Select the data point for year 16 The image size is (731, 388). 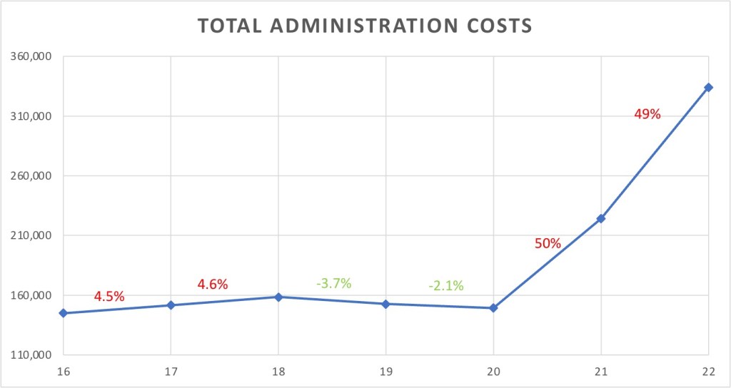coord(64,313)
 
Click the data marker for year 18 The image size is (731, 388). coord(278,297)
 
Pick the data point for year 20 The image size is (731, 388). coord(493,308)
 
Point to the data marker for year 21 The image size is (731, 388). coord(601,218)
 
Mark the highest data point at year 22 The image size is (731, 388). coord(708,87)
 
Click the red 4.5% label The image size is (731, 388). coord(109,296)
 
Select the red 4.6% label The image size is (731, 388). coord(213,285)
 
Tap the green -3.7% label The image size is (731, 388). coord(334,283)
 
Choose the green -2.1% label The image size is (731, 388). coord(446,286)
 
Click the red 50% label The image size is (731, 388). coord(548,243)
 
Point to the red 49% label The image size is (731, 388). coord(647,113)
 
